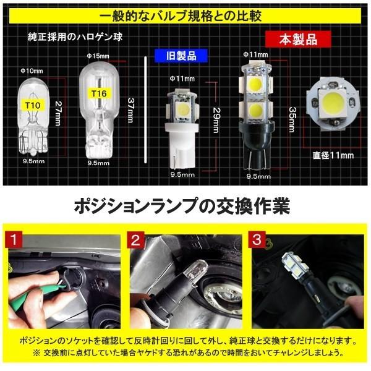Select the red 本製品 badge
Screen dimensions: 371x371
[x=290, y=40]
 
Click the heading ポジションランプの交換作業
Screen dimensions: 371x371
[x=184, y=205]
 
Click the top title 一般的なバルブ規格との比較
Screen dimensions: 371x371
[x=184, y=14]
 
